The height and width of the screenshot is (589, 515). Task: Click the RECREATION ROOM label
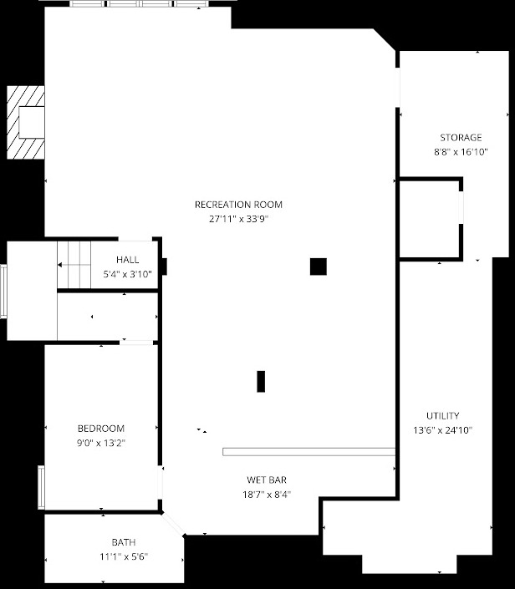[238, 205]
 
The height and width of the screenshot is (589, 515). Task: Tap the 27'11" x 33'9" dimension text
[238, 220]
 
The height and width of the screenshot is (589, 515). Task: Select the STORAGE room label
[461, 138]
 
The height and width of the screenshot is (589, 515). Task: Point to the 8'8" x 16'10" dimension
[461, 152]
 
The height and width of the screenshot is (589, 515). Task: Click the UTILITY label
[442, 416]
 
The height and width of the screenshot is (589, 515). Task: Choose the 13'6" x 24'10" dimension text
[442, 431]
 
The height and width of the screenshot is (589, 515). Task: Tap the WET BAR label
[267, 480]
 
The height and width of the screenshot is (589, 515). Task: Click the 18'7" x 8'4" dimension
[267, 495]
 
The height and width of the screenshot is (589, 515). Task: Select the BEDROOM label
[101, 429]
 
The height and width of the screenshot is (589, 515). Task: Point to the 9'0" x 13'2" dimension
[101, 444]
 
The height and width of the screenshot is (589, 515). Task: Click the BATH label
[124, 542]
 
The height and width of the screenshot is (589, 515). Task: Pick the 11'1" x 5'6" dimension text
[124, 557]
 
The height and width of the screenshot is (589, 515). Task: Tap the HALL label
[128, 260]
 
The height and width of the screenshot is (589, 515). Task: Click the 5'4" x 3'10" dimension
[128, 274]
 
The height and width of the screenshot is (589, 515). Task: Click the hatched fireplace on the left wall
[25, 122]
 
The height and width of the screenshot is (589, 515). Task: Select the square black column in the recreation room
[318, 267]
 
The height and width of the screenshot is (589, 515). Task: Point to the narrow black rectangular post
[261, 381]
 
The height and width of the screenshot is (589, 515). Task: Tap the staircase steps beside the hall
[74, 264]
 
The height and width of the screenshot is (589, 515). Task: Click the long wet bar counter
[308, 452]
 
